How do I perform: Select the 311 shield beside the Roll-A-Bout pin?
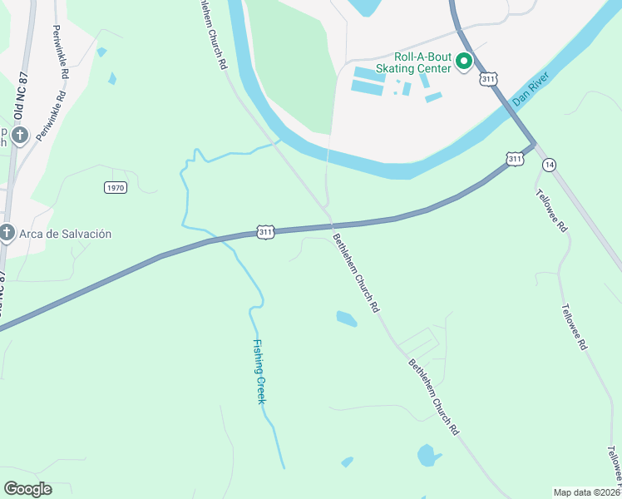coord(488,79)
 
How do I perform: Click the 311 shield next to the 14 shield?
coord(515,158)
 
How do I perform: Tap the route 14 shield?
coord(549,165)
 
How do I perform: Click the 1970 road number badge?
coord(116,187)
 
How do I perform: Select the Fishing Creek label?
coord(259,372)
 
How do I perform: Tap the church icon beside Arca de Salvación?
coord(7,234)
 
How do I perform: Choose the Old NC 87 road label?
coord(18,87)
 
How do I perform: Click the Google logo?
coord(27,488)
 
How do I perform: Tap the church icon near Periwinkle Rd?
coord(20,133)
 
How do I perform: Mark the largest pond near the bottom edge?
coord(427,455)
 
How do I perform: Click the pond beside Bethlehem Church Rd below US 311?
coord(346,318)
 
